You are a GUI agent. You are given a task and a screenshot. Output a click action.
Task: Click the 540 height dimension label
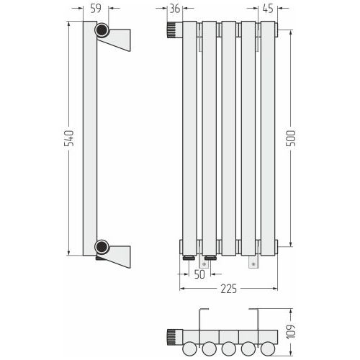point(68,138)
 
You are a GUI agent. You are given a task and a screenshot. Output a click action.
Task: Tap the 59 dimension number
point(96,9)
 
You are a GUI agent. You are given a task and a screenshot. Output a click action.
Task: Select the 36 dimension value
point(175,9)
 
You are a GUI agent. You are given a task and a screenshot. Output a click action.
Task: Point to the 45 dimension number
point(268,9)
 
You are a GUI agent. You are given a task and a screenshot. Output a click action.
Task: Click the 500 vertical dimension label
point(291,138)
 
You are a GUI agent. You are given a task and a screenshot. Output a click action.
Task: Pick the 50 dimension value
point(199,274)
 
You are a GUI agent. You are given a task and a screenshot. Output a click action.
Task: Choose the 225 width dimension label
point(229,289)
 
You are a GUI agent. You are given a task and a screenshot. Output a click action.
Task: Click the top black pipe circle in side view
point(102,30)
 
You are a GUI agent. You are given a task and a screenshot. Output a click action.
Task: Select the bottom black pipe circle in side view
point(102,246)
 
